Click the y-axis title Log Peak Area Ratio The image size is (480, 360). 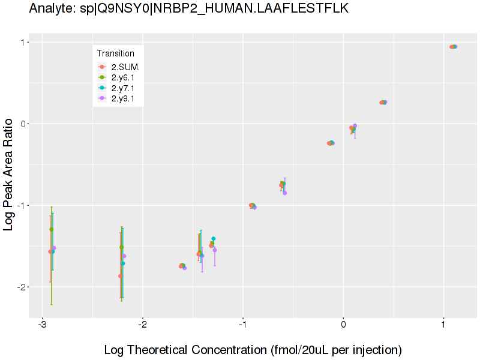pos(10,175)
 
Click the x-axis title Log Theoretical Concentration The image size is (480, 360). pos(253,349)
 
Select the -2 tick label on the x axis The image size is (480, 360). pos(142,326)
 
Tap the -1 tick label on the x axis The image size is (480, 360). pos(242,326)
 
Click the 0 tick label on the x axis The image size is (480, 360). pos(343,326)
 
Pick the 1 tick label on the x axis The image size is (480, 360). pos(443,326)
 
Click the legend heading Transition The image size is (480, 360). pos(115,53)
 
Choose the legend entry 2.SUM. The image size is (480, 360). pos(125,67)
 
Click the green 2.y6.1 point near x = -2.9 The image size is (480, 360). pos(52,229)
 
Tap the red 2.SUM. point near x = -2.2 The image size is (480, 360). pos(120,276)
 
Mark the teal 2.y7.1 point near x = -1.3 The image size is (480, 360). pos(213,239)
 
